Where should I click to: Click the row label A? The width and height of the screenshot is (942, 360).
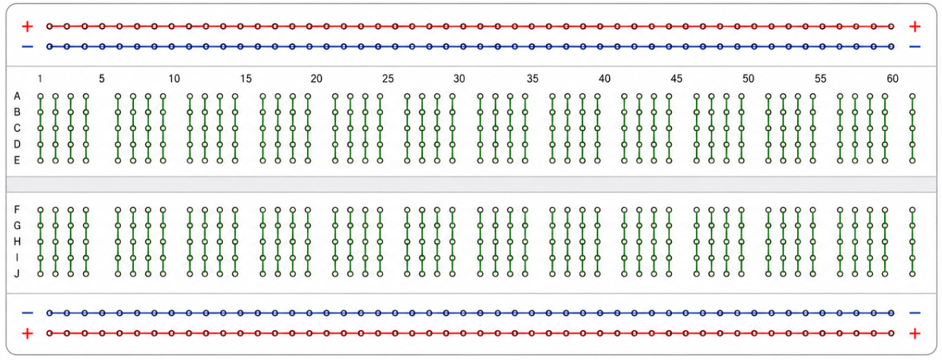(17, 96)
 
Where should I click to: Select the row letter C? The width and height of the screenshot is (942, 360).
(17, 128)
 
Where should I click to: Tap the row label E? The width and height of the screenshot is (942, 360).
(17, 160)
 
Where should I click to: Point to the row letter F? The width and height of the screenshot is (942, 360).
(17, 209)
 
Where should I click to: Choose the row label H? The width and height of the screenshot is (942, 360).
(17, 241)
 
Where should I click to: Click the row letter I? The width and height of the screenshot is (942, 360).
(17, 257)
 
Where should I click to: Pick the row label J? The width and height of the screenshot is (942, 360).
(17, 274)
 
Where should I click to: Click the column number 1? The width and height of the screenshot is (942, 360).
(40, 79)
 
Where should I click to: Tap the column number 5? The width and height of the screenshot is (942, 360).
(101, 79)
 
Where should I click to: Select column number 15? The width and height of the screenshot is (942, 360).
(245, 79)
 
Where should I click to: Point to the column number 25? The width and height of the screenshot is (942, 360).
(388, 79)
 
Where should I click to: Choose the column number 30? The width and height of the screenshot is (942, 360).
(459, 79)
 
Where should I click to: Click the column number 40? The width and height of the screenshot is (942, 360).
(605, 79)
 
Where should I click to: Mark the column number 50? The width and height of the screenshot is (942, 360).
(748, 79)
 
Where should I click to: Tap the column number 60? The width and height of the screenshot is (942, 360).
(892, 79)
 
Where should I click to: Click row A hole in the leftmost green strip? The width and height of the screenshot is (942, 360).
(41, 96)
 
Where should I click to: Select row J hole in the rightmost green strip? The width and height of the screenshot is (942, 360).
(912, 274)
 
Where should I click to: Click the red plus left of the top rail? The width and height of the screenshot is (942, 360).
(28, 27)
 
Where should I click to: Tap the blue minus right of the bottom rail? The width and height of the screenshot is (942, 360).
(914, 313)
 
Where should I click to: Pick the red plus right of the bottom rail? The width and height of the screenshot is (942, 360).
(914, 333)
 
